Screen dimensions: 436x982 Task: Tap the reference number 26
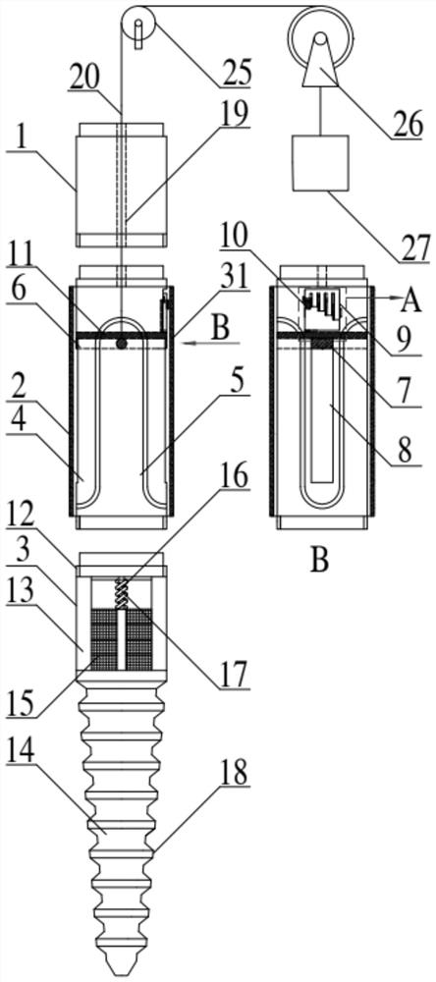(x=407, y=124)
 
